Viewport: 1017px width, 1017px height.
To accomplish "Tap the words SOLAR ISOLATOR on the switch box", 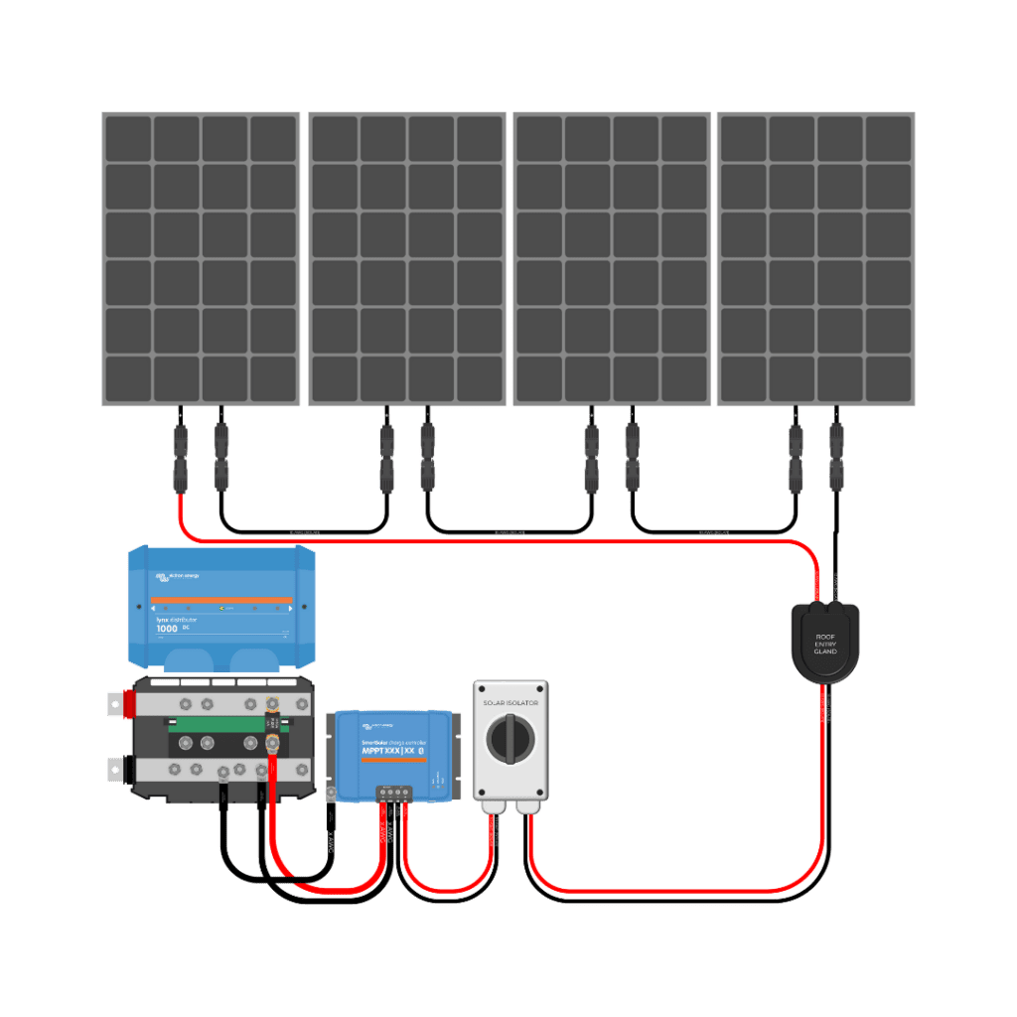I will [509, 702].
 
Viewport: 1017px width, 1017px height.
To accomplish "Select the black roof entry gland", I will [823, 643].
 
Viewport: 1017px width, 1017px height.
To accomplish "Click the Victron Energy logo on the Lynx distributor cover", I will [177, 576].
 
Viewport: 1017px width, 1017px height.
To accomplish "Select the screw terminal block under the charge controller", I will [394, 792].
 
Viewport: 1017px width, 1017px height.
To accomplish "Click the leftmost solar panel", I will [201, 258].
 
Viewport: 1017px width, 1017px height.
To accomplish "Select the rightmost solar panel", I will [815, 258].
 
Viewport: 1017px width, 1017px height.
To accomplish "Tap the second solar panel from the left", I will [407, 258].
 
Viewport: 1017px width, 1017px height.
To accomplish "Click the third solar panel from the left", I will [611, 258].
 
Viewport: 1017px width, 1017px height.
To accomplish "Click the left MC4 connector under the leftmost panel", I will [180, 457].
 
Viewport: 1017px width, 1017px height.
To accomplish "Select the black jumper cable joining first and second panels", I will [303, 530].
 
